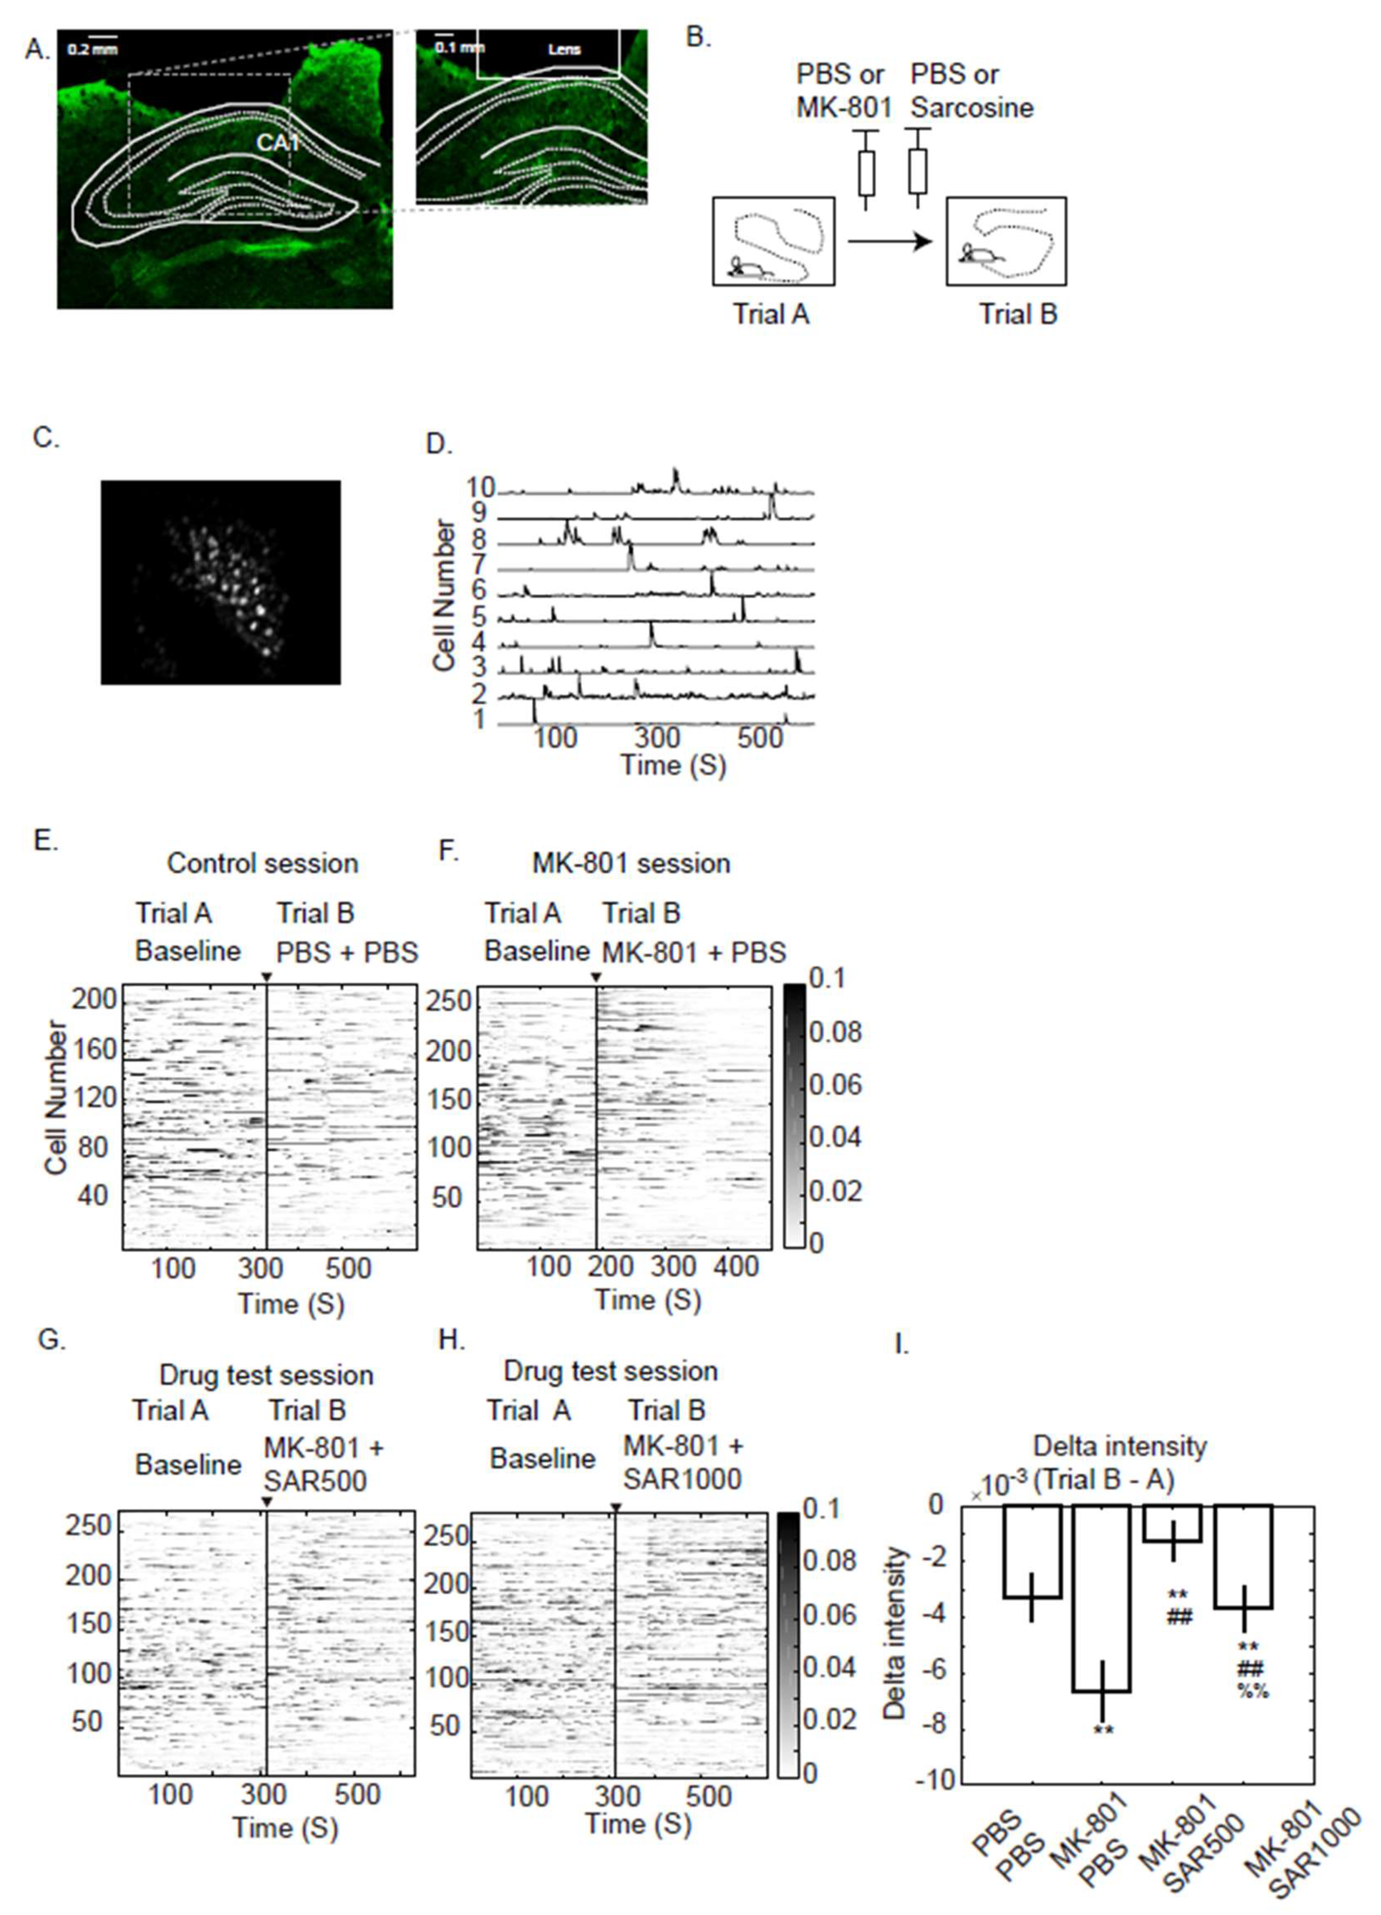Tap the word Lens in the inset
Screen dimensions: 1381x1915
pos(564,49)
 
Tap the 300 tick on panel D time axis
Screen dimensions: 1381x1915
pos(657,737)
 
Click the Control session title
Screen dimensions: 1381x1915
pos(263,863)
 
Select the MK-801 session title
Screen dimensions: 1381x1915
pos(631,863)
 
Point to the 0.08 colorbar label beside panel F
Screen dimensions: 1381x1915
pos(836,1032)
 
